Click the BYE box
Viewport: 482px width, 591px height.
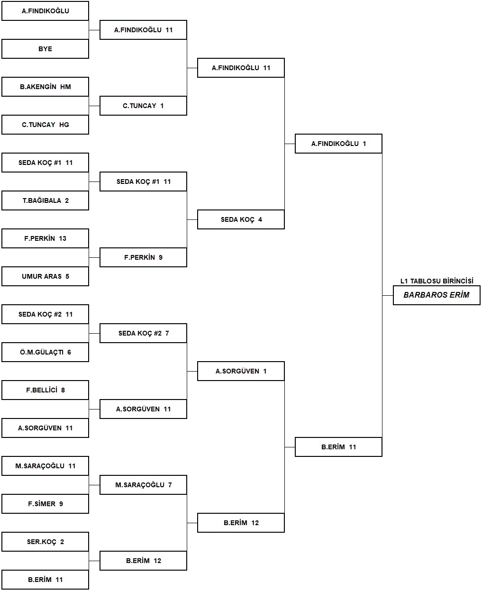tap(45, 49)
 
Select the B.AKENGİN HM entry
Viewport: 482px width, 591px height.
tap(45, 87)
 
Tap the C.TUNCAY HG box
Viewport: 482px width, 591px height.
tap(45, 125)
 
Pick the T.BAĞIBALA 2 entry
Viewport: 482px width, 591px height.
tap(45, 200)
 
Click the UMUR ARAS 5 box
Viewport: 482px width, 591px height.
tap(45, 276)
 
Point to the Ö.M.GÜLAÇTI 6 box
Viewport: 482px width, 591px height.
tap(45, 352)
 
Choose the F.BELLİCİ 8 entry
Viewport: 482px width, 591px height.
tap(45, 390)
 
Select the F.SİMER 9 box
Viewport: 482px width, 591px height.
tap(45, 504)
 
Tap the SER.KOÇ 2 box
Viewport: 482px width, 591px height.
tap(45, 542)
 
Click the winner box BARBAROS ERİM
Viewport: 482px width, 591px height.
tap(437, 295)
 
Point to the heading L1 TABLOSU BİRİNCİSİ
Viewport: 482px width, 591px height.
tap(437, 281)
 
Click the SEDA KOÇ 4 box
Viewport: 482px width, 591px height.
tap(241, 219)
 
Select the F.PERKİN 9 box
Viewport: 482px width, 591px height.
tap(143, 257)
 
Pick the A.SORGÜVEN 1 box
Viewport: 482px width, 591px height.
tap(241, 371)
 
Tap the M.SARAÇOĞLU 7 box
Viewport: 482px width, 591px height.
tap(143, 485)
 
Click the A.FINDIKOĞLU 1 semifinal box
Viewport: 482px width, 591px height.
tap(338, 144)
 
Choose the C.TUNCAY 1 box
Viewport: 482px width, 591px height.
tap(143, 106)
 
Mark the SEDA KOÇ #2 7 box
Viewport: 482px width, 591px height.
tap(143, 333)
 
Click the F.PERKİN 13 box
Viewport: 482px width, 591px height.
tap(45, 238)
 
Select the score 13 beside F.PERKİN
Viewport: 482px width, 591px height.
tap(63, 238)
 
